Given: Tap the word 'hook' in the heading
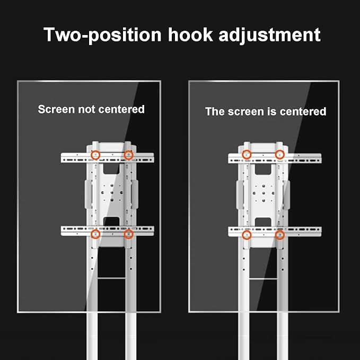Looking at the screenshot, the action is [190, 34].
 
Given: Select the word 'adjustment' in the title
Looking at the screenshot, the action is [269, 35].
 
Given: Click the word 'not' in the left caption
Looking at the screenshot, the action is [86, 109].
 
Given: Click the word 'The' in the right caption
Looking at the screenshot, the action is [215, 111].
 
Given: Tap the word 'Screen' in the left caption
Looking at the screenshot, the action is [56, 109].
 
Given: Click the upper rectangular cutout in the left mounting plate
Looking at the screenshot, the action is [111, 168].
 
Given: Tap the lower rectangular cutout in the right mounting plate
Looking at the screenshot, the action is [263, 222].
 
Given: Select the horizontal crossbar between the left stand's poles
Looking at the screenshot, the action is [111, 278].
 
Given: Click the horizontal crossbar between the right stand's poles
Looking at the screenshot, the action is [263, 279].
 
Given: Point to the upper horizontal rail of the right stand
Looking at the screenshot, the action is [275, 158].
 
